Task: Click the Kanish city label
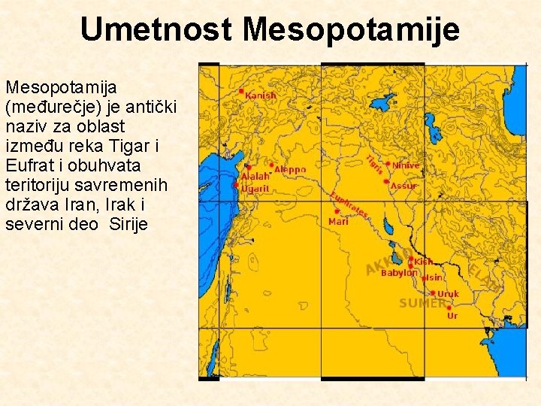[x=261, y=96]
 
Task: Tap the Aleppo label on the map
[x=290, y=170]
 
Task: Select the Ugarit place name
[x=255, y=189]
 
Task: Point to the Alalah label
[x=255, y=177]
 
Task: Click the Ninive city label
[x=406, y=165]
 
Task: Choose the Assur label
[x=403, y=186]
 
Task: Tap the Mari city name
[x=339, y=222]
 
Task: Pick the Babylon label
[x=399, y=273]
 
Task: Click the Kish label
[x=424, y=262]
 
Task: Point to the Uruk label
[x=448, y=294]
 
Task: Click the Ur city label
[x=452, y=316]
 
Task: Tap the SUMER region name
[x=422, y=303]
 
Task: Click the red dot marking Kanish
[x=241, y=91]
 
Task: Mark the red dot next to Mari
[x=336, y=212]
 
